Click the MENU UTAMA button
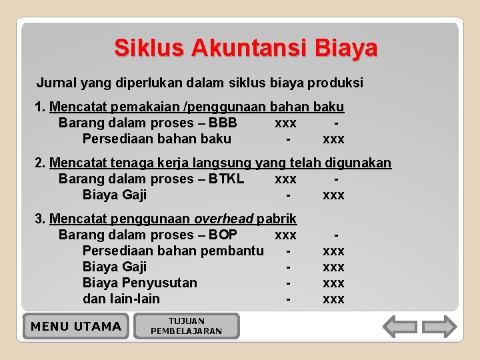(x=76, y=326)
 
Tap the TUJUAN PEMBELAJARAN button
(x=187, y=326)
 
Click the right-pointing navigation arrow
(x=440, y=327)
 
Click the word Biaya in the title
(x=346, y=48)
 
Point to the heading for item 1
(x=197, y=107)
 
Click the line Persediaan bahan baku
(x=157, y=139)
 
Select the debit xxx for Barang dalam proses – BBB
(x=285, y=123)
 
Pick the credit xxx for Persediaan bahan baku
(x=333, y=139)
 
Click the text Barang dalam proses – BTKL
(x=151, y=179)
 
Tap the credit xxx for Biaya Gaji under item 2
(x=333, y=195)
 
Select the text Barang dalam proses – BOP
(x=147, y=235)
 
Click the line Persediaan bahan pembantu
(x=173, y=251)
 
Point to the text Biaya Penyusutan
(x=139, y=283)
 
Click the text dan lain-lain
(x=121, y=299)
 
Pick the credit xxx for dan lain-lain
(x=333, y=299)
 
